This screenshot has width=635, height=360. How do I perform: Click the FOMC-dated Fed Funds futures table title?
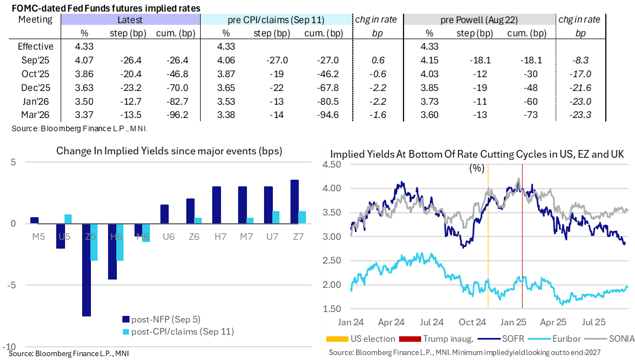105,8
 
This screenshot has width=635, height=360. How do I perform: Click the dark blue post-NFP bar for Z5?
86,270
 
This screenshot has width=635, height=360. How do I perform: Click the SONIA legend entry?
616,338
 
